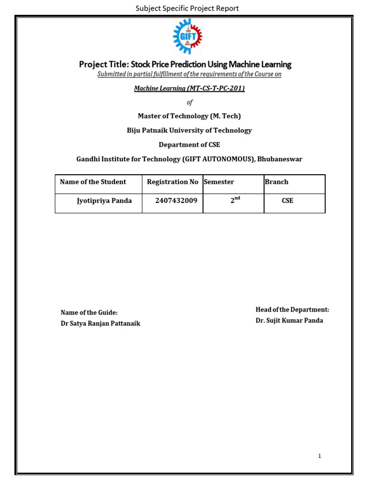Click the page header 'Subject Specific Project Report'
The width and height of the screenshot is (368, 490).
click(187, 8)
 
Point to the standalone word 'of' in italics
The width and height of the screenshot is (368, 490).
click(189, 102)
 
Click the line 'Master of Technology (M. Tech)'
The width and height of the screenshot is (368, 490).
click(189, 116)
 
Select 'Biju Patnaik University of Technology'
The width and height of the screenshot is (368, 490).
click(189, 131)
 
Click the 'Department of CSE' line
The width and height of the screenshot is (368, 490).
click(189, 145)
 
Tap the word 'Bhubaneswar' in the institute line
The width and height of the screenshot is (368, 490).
click(280, 159)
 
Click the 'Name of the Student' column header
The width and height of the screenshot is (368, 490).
click(93, 182)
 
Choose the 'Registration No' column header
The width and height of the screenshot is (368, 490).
click(172, 182)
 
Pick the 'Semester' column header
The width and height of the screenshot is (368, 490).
click(219, 182)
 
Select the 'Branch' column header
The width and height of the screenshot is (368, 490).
click(276, 182)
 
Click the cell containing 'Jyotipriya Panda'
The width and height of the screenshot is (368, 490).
click(104, 201)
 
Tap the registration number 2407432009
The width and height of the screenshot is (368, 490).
click(176, 201)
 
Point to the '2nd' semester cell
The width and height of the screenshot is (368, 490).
click(234, 201)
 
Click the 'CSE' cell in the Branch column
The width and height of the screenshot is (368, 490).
click(287, 201)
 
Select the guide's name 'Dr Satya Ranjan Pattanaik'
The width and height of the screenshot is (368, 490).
click(101, 323)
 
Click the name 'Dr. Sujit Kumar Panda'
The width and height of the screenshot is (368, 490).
click(289, 321)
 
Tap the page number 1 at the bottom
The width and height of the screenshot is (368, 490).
click(320, 456)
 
